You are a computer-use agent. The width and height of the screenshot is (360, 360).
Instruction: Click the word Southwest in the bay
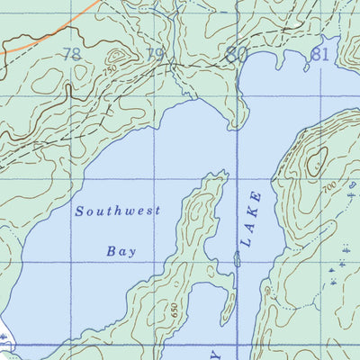point(118,211)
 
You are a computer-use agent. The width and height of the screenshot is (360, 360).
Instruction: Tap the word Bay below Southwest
point(121,252)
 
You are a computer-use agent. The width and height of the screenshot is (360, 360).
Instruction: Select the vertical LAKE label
point(252,219)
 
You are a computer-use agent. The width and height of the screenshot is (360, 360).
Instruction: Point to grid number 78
point(72,55)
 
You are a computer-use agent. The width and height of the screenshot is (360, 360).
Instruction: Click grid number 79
point(155,55)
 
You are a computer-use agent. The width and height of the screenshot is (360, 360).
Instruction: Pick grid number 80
point(237,55)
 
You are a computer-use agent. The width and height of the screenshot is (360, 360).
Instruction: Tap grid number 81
point(319,54)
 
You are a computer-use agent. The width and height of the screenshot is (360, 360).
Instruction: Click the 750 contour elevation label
point(110,69)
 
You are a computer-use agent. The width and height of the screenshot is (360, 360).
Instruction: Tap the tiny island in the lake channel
point(237,259)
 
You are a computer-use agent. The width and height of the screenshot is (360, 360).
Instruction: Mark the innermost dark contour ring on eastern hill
point(316,162)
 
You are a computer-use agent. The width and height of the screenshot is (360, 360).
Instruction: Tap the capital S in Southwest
point(80,211)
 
